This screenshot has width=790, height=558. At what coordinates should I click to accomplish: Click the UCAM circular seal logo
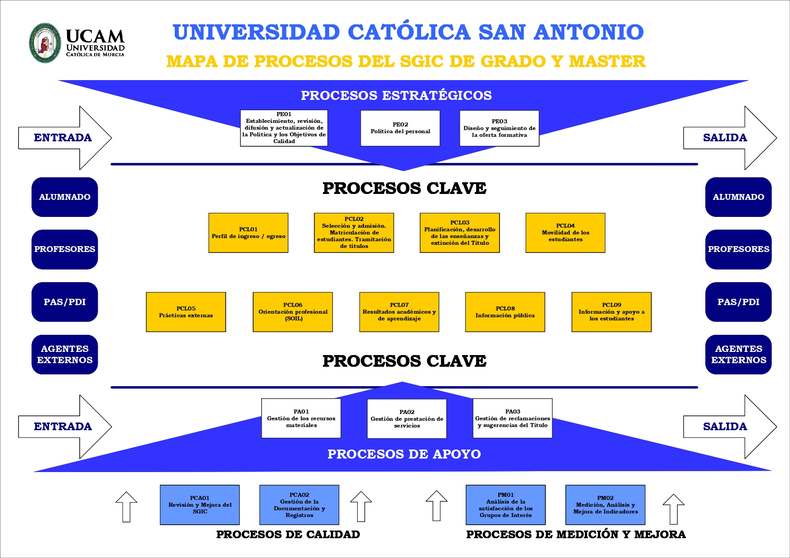[45, 43]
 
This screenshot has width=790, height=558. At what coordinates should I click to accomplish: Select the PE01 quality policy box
[284, 128]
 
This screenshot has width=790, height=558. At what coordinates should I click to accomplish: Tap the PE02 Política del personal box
[400, 128]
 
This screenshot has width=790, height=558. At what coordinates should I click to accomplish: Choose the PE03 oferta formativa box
[499, 128]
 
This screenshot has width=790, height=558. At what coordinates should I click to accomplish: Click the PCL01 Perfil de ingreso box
[248, 233]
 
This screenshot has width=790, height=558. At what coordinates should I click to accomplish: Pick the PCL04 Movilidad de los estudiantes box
[565, 233]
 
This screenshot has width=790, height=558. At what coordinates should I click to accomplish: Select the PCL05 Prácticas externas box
[186, 312]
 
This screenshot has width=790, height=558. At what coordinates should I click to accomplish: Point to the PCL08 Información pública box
[505, 312]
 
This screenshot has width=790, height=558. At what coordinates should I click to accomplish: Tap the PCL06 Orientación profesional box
[293, 312]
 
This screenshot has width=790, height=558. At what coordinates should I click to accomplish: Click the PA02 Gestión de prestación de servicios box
[407, 418]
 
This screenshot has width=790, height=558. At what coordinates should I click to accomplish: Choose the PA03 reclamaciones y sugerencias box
[513, 418]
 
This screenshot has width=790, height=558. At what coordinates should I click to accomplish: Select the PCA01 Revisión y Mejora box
[200, 505]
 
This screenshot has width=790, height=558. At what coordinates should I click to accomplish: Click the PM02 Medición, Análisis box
[605, 505]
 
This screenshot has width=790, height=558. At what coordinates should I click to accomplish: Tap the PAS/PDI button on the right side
[738, 302]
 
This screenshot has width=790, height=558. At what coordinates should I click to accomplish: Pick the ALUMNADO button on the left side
[64, 197]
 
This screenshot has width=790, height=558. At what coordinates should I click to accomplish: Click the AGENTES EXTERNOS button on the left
[64, 355]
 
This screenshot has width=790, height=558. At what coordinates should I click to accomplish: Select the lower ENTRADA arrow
[63, 427]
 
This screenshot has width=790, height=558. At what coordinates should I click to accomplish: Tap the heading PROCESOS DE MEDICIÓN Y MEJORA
[576, 535]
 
